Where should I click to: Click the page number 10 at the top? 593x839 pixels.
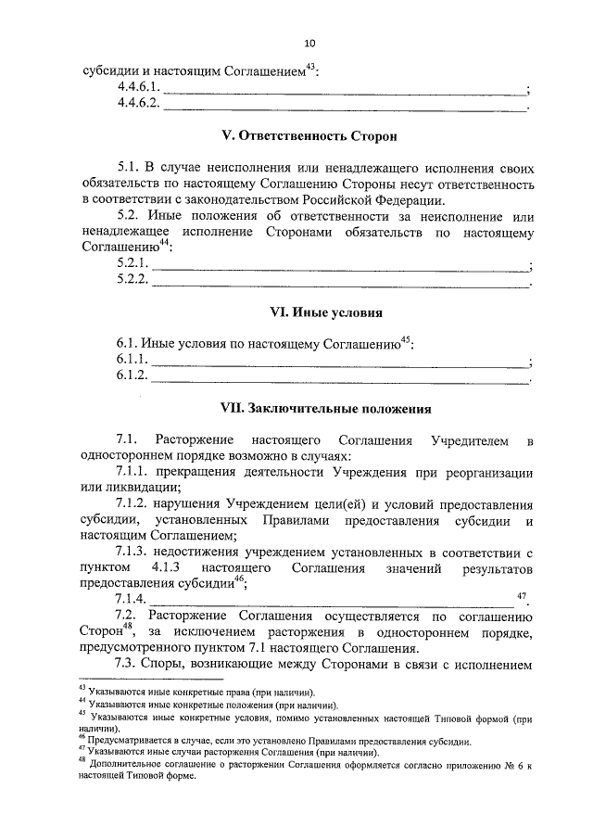[309, 43]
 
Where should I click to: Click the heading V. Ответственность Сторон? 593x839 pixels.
[309, 136]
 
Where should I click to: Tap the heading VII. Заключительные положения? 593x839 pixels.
[309, 407]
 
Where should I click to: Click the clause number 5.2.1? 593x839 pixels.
[132, 265]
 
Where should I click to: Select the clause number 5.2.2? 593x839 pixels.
[132, 281]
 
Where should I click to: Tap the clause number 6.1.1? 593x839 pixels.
[132, 360]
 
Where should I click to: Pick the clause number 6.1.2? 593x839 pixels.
[132, 375]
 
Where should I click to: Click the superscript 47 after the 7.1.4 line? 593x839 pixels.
[522, 593]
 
